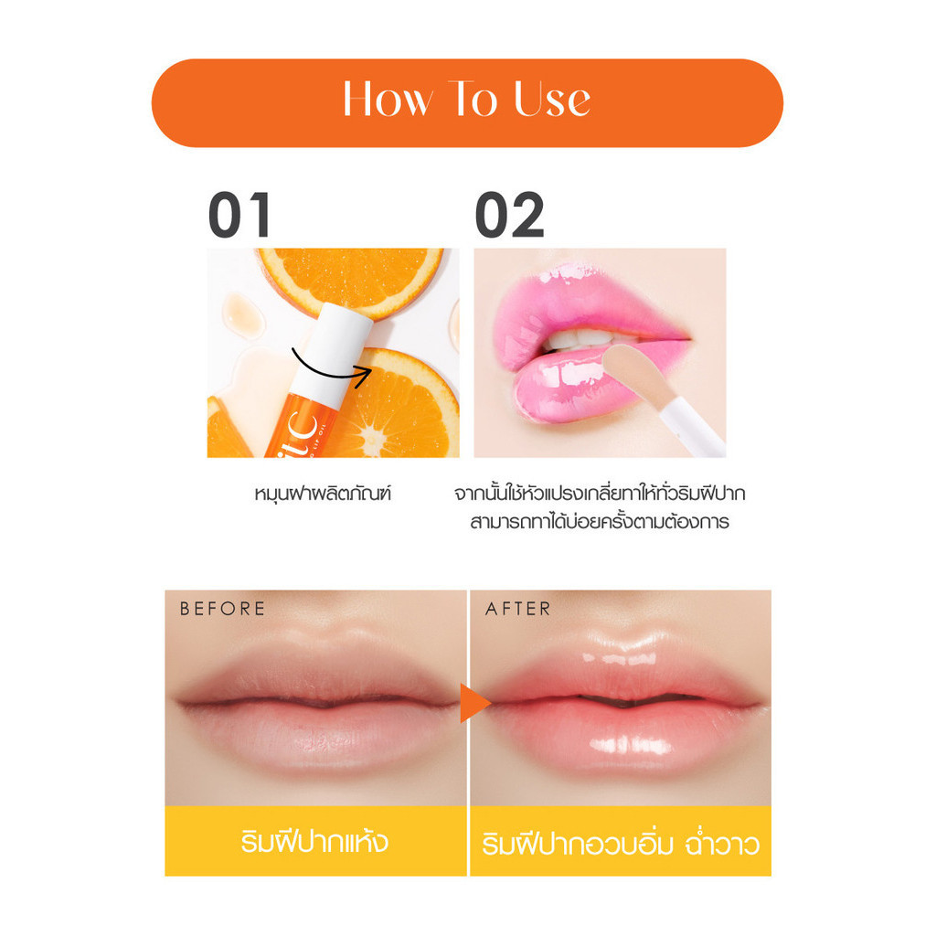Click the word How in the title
pyautogui.click(x=387, y=99)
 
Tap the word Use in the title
pyautogui.click(x=552, y=99)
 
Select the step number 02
pyautogui.click(x=509, y=215)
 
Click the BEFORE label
pyautogui.click(x=222, y=609)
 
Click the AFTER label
pyautogui.click(x=517, y=609)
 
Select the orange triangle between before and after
pyautogui.click(x=474, y=703)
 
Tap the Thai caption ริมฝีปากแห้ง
pyautogui.click(x=314, y=842)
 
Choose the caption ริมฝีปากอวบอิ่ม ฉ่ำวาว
pyautogui.click(x=621, y=844)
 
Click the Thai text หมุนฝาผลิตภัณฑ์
pyautogui.click(x=323, y=495)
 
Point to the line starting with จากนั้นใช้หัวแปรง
pyautogui.click(x=600, y=495)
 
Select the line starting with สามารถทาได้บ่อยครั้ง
pyautogui.click(x=600, y=522)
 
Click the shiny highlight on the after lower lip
pyautogui.click(x=627, y=745)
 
